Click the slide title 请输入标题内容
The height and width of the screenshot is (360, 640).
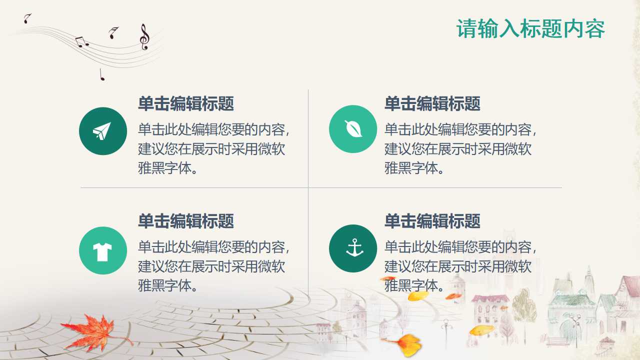pos(530,29)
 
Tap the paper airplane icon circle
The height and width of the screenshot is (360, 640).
pos(102,131)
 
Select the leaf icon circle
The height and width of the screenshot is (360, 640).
pos(352,129)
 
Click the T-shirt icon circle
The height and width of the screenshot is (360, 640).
pos(102,250)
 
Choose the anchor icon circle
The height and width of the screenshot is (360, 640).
pos(352,248)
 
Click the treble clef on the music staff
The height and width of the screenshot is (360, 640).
pos(144,36)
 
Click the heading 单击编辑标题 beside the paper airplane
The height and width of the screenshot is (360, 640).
pos(186,104)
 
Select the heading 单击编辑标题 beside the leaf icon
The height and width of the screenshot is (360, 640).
pos(432,104)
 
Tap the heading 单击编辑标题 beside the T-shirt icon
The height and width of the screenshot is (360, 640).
pos(186,221)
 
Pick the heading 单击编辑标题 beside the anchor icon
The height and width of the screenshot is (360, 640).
pos(432,221)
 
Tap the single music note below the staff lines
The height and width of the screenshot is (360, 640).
pos(102,75)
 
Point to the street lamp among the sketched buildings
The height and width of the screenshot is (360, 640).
pos(445,330)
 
